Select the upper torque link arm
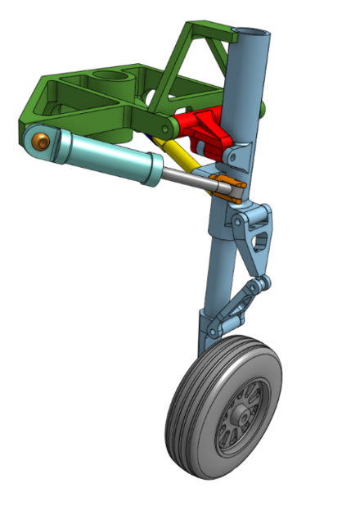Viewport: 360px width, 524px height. (x=251, y=246)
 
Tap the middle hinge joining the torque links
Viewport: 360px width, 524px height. (x=259, y=284)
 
